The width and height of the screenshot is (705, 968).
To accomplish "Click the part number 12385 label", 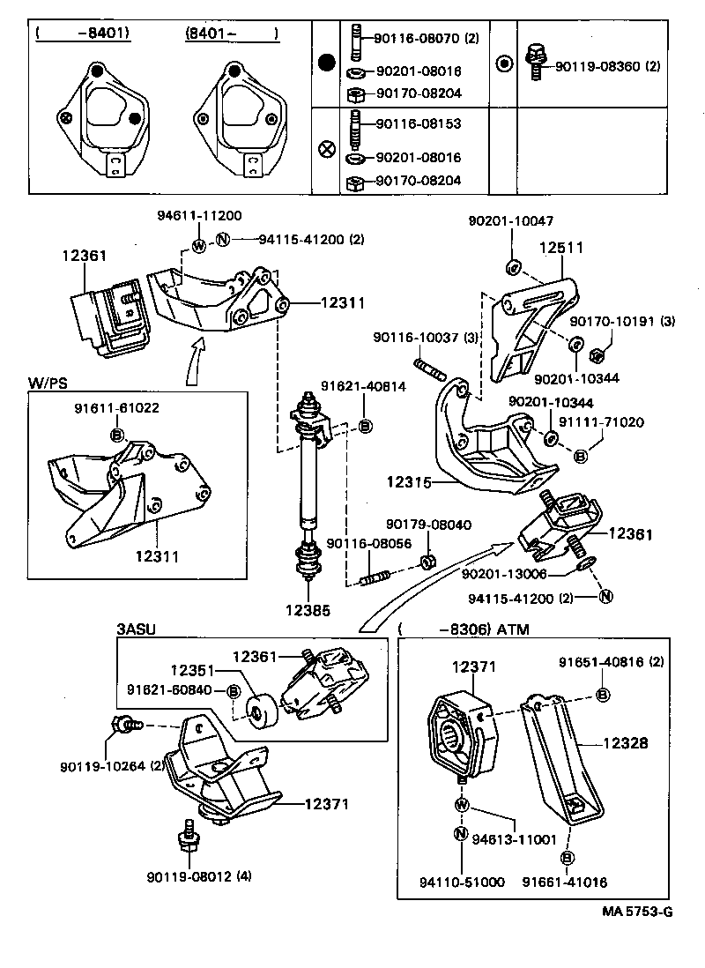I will click(308, 608).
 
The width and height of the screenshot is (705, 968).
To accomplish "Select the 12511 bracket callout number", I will click(561, 249).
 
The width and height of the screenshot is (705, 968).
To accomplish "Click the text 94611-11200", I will click(199, 215).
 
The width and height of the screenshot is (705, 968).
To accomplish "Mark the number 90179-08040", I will click(428, 525).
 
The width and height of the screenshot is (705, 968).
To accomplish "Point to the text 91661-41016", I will click(565, 882).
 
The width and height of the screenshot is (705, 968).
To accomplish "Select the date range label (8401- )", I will click(231, 34).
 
